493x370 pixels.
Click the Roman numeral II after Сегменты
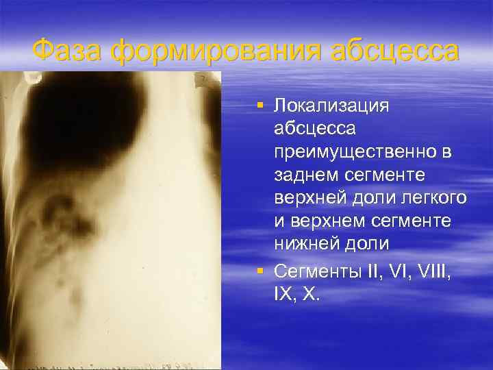pos(376,271)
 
